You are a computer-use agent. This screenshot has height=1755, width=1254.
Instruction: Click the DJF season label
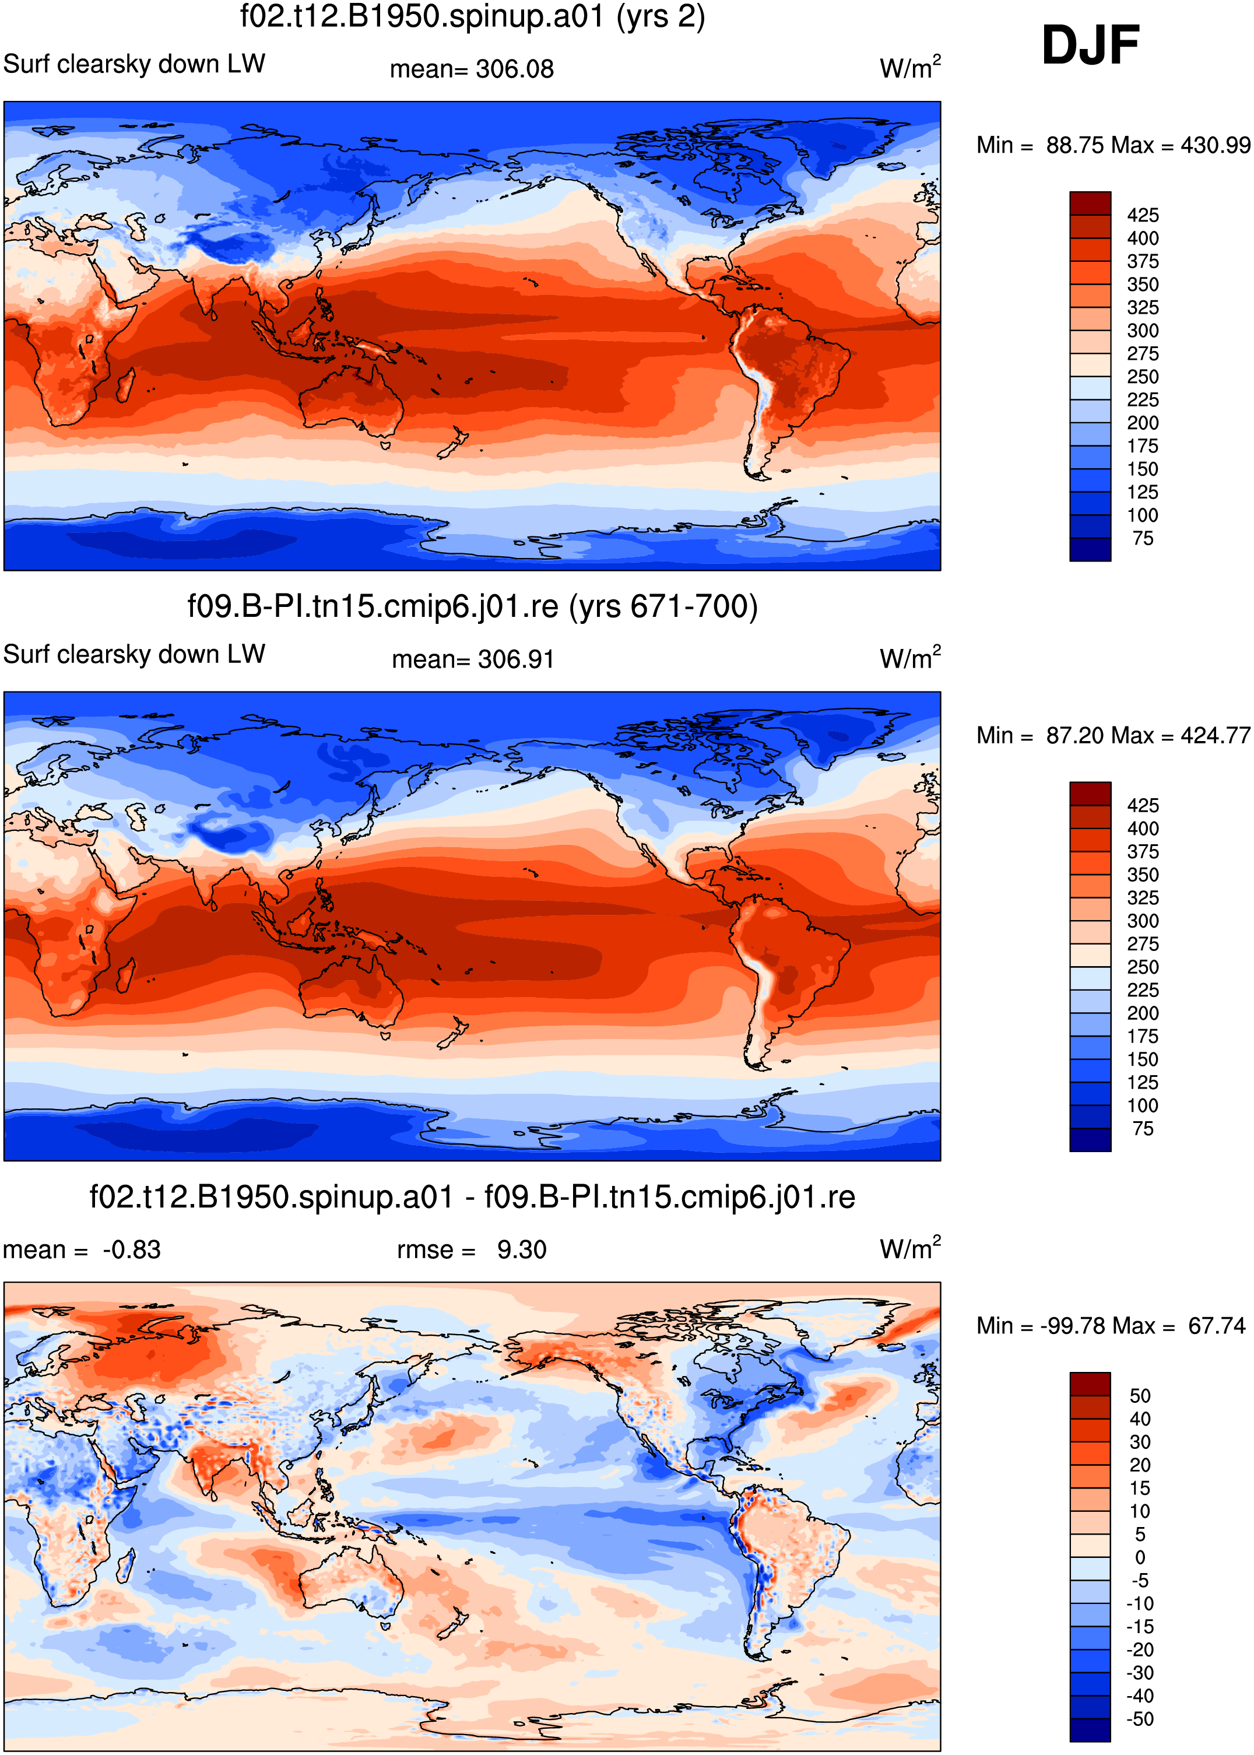click(x=1090, y=45)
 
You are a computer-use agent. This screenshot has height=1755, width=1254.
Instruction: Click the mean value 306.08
click(x=514, y=69)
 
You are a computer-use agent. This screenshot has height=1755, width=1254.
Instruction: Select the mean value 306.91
click(x=516, y=659)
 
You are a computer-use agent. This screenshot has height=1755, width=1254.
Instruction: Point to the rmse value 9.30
click(x=521, y=1249)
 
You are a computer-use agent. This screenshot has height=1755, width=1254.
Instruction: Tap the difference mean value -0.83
click(x=131, y=1249)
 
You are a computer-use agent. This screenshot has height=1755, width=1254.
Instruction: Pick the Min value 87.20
click(x=1080, y=735)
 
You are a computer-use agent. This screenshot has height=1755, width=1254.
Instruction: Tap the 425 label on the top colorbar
click(x=1143, y=215)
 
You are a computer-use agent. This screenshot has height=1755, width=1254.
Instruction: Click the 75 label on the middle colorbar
click(x=1143, y=1128)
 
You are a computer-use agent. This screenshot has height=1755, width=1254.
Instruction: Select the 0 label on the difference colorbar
click(x=1140, y=1557)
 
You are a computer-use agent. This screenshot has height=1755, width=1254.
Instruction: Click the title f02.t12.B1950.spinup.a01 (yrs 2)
click(x=473, y=17)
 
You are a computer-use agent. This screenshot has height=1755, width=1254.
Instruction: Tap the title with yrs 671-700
click(x=473, y=606)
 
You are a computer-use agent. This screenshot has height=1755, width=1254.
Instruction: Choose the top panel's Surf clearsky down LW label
click(x=134, y=64)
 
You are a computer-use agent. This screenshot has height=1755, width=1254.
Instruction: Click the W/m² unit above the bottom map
click(x=911, y=1248)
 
